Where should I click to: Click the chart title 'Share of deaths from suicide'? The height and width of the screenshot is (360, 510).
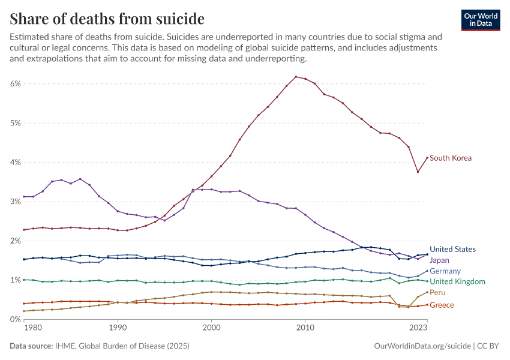(107, 19)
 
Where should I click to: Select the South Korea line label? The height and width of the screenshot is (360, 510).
(451, 158)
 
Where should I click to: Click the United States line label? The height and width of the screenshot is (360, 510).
(453, 249)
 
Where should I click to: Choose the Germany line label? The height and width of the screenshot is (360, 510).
(445, 271)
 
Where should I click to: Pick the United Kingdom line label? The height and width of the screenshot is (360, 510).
(457, 282)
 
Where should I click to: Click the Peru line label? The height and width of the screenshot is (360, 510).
(437, 292)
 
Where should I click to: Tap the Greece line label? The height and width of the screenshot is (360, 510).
(442, 305)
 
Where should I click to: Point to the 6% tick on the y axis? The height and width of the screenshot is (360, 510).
(15, 84)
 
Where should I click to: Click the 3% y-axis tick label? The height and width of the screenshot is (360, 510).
(15, 202)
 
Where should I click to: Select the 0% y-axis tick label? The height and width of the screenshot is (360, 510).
(15, 319)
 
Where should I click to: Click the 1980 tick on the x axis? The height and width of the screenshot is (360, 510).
(32, 328)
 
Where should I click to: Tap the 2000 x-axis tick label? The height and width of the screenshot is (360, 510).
(211, 328)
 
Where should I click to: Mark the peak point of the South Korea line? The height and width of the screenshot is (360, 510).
(296, 76)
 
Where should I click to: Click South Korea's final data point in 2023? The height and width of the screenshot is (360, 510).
(427, 158)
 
